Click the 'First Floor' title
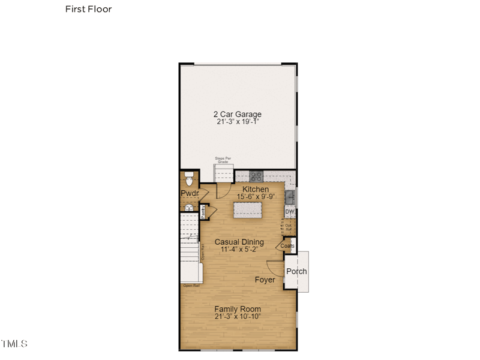[88, 9]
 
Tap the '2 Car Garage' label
[238, 114]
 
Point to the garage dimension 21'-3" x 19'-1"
[238, 122]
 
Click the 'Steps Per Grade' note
[223, 160]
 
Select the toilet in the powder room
[189, 180]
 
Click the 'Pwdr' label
[190, 193]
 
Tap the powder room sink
[189, 208]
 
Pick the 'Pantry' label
[203, 211]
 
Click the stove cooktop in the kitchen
[256, 176]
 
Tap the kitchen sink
[290, 197]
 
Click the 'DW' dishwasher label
[289, 212]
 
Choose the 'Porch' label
[296, 271]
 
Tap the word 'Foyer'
[265, 280]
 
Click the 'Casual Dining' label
[239, 242]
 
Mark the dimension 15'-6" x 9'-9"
[256, 196]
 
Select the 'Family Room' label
[238, 309]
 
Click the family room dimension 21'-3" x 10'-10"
[238, 316]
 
